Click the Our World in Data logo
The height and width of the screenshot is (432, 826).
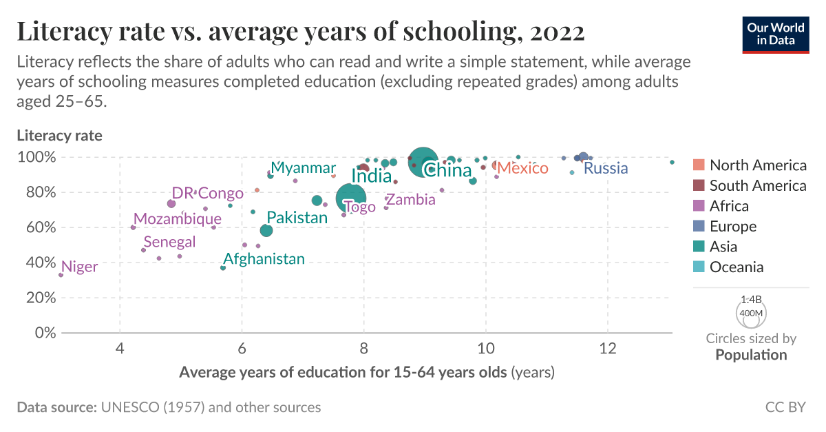coord(775,32)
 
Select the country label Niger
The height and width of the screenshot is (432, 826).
coord(79,267)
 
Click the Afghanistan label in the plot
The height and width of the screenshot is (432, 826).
coord(264,259)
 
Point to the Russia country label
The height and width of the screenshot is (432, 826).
coord(606,168)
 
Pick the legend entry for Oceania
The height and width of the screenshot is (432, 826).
coord(737,267)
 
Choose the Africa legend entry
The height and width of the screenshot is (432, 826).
coord(729,206)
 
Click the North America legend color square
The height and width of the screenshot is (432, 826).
coord(699,165)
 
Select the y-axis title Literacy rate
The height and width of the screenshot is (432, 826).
coord(59,136)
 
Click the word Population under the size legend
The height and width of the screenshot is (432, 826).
coord(751,356)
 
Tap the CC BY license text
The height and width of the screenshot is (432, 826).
coord(785,407)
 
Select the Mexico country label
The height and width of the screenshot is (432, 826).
coord(522,168)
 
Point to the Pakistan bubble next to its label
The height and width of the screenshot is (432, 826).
coord(266,230)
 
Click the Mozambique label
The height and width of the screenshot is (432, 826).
coord(178,219)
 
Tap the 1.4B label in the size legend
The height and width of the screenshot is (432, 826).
coord(750,300)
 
